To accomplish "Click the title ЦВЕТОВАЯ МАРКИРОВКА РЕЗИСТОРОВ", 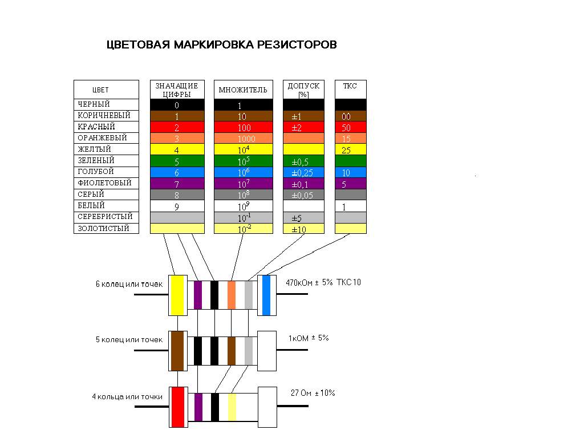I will (x=222, y=45).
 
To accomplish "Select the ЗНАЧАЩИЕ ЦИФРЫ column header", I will (x=177, y=90).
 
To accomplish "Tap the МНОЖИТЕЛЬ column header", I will (x=243, y=90).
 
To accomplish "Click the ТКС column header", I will (x=350, y=86).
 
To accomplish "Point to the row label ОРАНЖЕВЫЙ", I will (x=102, y=138).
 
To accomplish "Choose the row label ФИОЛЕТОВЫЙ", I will (x=104, y=183).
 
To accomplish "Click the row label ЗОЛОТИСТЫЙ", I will (x=103, y=229).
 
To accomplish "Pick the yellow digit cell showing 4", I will (x=177, y=149).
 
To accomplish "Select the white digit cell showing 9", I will (x=177, y=206).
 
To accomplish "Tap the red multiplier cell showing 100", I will (x=243, y=127).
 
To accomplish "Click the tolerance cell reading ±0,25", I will (x=303, y=172).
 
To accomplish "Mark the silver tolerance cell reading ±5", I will (x=303, y=217).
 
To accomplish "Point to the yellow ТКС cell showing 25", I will (x=350, y=149).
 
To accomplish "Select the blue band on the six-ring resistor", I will (x=266, y=294).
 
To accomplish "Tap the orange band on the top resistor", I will (x=232, y=294).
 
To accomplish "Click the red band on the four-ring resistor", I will (x=178, y=407).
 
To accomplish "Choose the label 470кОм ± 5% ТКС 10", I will (x=325, y=282).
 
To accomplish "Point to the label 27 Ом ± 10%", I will (x=313, y=393).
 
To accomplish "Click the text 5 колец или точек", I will (x=129, y=340).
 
